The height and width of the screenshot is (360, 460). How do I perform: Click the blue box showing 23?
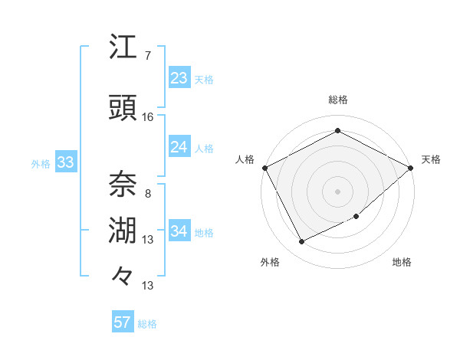point(179,77)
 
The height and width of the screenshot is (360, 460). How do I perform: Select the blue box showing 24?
point(179,147)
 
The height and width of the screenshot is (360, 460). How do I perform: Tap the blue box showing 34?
point(179,231)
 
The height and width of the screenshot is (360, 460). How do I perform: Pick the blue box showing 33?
point(64,162)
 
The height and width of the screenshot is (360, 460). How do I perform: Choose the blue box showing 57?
point(122,322)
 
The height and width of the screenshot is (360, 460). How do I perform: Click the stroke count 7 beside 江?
point(147,56)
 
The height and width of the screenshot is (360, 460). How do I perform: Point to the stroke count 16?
point(147,117)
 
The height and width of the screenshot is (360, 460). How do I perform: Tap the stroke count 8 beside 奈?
point(147,194)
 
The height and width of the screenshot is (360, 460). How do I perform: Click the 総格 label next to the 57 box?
point(147,324)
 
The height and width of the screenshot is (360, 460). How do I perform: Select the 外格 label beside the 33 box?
point(41,163)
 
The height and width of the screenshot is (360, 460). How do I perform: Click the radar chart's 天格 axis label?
point(432,159)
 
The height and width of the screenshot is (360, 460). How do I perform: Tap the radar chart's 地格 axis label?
point(402,262)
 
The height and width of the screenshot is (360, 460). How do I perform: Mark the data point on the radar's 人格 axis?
point(264,168)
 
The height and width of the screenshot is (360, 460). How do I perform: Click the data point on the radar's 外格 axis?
point(301,242)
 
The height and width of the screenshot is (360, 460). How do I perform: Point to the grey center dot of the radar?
point(337,191)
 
